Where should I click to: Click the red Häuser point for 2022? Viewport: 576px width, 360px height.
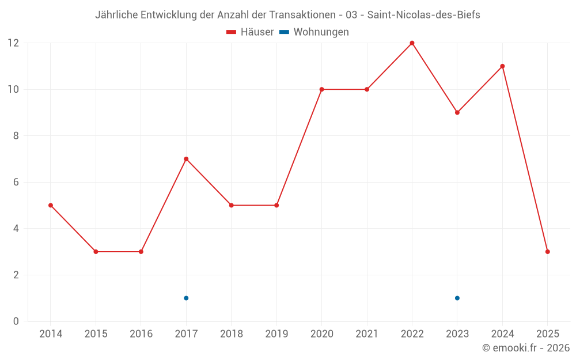(412, 43)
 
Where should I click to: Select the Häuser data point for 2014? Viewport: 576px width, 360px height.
(51, 205)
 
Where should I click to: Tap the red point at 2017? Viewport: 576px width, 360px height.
(186, 159)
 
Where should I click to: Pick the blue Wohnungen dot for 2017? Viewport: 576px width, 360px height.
(186, 298)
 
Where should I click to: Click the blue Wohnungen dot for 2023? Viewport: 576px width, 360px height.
(457, 298)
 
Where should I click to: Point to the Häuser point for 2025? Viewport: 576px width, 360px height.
(547, 252)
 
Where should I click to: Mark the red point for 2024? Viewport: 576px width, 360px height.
(502, 66)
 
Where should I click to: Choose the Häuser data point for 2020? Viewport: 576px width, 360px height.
(321, 89)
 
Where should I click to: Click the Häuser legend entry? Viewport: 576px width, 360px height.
(250, 32)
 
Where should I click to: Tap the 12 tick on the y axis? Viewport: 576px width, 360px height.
(13, 43)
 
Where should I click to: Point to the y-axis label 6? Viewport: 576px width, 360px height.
(16, 182)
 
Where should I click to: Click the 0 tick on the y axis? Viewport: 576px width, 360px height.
(16, 321)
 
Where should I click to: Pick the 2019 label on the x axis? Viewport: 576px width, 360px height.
(276, 334)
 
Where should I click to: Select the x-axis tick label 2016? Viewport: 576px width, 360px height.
(141, 334)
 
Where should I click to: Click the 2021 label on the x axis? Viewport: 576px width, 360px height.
(367, 334)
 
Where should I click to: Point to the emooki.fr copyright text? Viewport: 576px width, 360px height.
(526, 348)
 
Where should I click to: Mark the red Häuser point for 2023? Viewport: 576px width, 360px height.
(457, 112)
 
